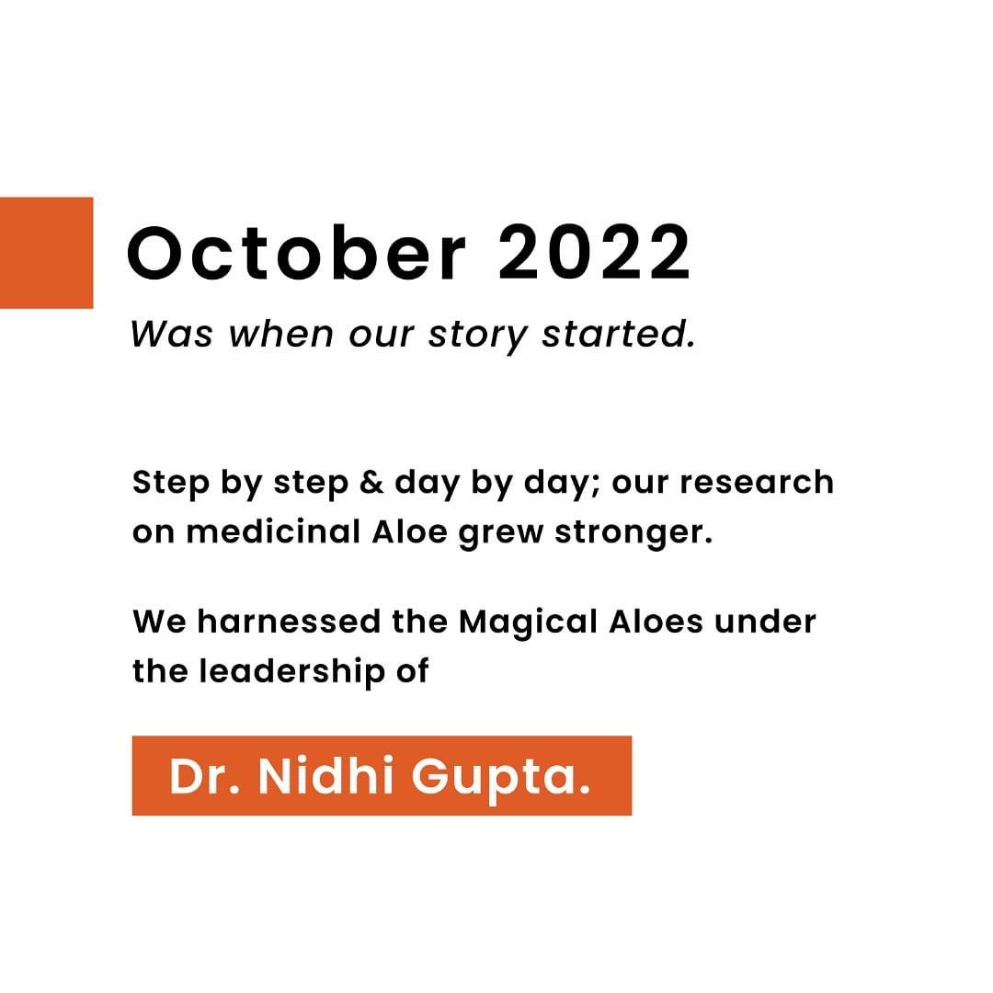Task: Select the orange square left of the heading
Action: pyautogui.click(x=46, y=253)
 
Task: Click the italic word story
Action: pyautogui.click(x=477, y=336)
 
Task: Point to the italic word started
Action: pyautogui.click(x=618, y=334)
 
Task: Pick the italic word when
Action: pyautogui.click(x=280, y=334)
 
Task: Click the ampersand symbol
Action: pyautogui.click(x=371, y=483)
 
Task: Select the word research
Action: pyautogui.click(x=757, y=483)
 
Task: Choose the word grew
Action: pyautogui.click(x=501, y=533)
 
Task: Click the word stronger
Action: pyautogui.click(x=633, y=533)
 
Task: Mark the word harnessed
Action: pyautogui.click(x=289, y=622)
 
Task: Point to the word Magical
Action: pyautogui.click(x=528, y=623)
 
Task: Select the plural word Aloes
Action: pyautogui.click(x=656, y=622)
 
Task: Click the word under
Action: pyautogui.click(x=765, y=622)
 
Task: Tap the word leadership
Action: pyautogui.click(x=292, y=672)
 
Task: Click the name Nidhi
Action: pyautogui.click(x=326, y=775)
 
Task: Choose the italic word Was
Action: pyautogui.click(x=172, y=334)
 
